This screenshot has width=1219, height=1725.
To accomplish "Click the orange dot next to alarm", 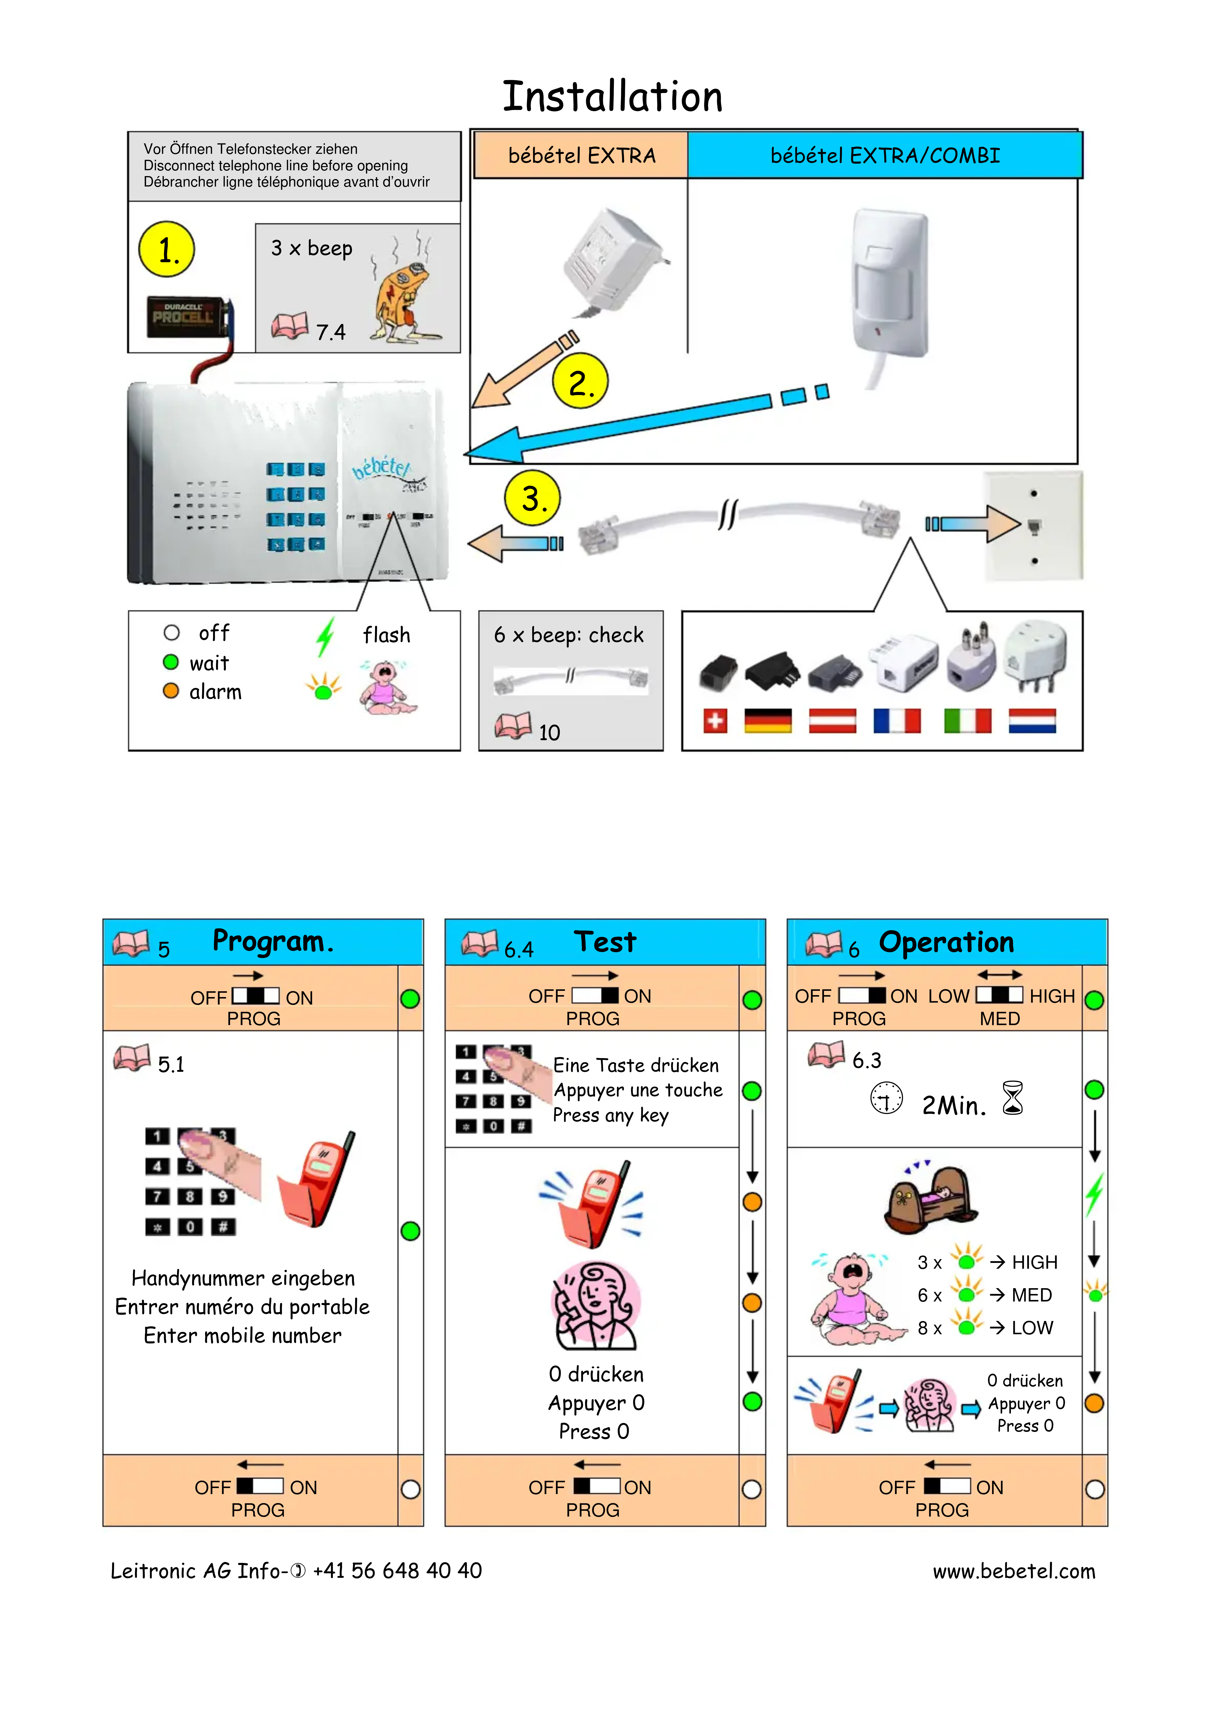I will point(171,690).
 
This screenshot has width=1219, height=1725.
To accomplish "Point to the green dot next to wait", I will point(171,662).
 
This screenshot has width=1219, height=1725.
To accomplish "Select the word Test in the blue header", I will point(605,941).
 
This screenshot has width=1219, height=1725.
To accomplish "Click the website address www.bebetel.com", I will point(1014,1571).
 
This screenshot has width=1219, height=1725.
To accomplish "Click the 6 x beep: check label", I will point(569,635).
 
